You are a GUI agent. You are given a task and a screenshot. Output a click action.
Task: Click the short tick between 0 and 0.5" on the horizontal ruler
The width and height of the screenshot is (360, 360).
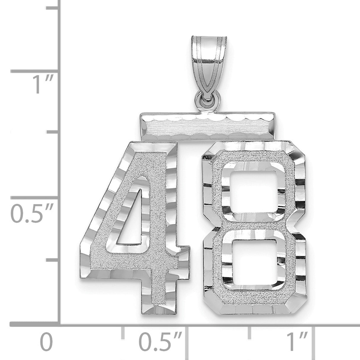122,333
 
